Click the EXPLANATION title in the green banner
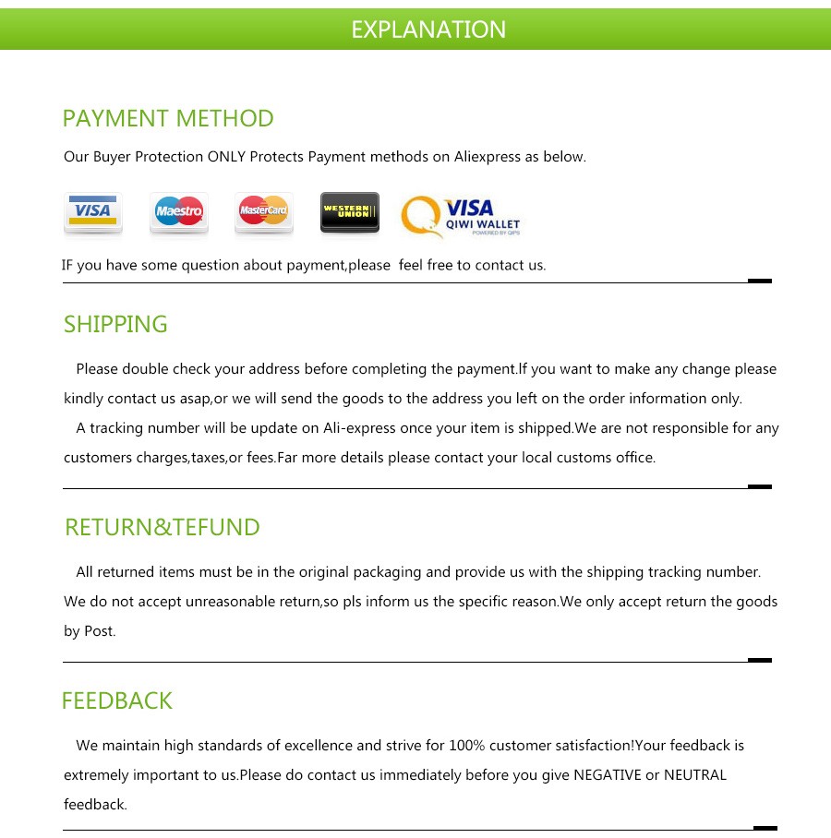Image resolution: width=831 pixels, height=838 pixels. pos(428,30)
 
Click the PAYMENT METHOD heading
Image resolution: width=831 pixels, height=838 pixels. pos(168,119)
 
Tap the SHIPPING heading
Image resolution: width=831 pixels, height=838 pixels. pos(115,325)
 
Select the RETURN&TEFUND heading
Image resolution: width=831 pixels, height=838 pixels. pos(163,528)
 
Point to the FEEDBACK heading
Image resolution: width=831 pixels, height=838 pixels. pos(117,701)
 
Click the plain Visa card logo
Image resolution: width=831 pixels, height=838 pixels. pos(93,212)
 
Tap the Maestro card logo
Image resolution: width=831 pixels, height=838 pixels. pos(179,212)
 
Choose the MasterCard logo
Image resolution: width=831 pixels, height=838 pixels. pos(264,212)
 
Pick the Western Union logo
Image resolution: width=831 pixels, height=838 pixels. pos(349,212)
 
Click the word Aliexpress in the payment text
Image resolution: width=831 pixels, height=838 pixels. pos(488,157)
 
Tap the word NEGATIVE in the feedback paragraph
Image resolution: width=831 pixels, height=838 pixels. pos(608,775)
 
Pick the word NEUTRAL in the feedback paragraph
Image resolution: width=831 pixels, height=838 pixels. pos(695,775)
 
